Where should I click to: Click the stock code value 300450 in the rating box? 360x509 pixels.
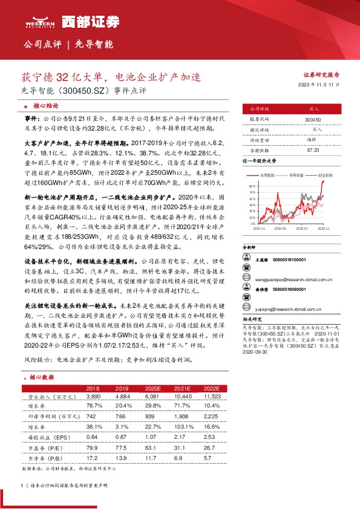[313, 120]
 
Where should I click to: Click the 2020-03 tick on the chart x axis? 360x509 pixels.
[280, 229]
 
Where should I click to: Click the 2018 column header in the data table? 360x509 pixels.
[93, 387]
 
